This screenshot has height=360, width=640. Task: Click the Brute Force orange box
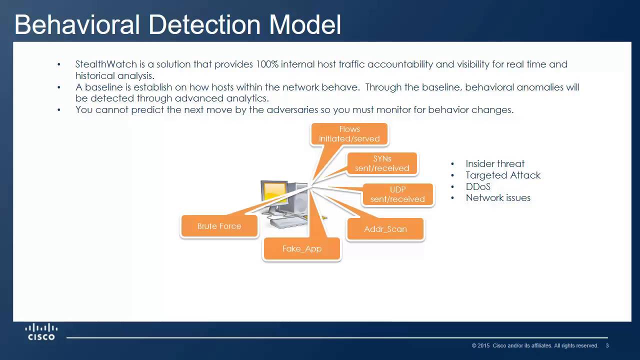click(219, 226)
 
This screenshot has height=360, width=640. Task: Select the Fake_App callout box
click(301, 248)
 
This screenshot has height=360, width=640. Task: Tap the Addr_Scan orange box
click(385, 229)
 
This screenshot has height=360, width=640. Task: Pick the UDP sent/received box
click(397, 194)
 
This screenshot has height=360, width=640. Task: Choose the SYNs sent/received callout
click(382, 163)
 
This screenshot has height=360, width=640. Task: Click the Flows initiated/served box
click(349, 134)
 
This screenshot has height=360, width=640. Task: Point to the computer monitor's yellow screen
click(274, 193)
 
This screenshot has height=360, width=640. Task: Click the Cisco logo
click(41, 331)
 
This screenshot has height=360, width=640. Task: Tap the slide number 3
click(607, 345)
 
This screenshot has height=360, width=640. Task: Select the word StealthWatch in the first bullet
click(102, 64)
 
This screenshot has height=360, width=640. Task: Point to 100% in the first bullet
click(267, 64)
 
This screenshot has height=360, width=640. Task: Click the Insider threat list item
click(495, 163)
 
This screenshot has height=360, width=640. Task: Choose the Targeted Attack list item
click(503, 175)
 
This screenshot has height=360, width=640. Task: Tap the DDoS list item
click(478, 186)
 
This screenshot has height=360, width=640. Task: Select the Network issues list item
click(498, 197)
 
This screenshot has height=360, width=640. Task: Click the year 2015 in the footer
click(483, 345)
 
